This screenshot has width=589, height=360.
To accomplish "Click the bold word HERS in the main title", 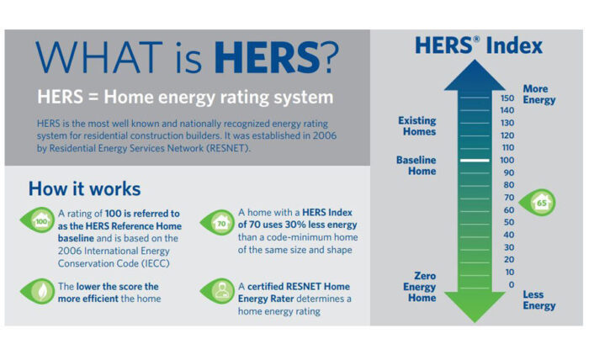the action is (x=267, y=57).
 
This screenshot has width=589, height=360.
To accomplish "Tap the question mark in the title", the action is (x=330, y=57).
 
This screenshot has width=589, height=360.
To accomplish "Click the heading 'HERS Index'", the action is (x=479, y=45).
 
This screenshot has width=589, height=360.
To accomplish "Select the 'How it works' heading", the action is (x=84, y=188).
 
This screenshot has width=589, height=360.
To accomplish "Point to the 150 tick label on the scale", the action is (x=507, y=98).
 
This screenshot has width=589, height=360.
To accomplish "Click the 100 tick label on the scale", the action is (x=507, y=161).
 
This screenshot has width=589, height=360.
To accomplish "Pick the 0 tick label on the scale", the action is (x=512, y=284).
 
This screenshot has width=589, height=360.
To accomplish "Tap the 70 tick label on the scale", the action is (x=509, y=198).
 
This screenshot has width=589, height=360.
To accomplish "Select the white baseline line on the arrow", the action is (x=475, y=161).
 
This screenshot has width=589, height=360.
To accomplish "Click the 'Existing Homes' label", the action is (x=417, y=126).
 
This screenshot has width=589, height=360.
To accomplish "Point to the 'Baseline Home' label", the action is (x=417, y=166).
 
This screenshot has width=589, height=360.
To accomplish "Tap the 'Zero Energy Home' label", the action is (x=420, y=287).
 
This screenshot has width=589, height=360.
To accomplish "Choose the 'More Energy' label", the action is (x=539, y=94).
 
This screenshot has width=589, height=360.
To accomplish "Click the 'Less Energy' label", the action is (x=539, y=300).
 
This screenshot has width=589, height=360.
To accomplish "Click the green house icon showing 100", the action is (x=38, y=220).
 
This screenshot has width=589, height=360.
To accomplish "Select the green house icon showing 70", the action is (x=217, y=223).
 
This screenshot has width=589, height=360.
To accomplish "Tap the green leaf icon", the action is (x=38, y=291).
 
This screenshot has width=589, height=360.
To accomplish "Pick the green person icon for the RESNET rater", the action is (x=217, y=291).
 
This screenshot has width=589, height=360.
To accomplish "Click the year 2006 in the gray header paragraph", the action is (x=323, y=135).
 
